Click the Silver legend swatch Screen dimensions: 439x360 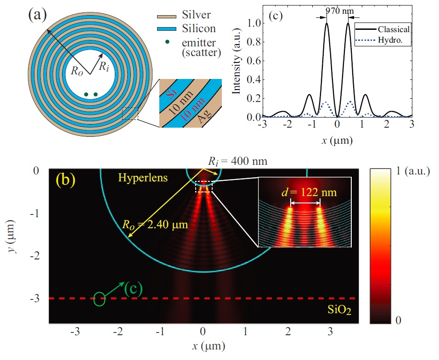167,17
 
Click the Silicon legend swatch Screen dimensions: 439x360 167,29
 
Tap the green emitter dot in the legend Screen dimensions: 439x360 167,42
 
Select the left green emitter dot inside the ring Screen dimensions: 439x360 86,95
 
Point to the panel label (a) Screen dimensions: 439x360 38,15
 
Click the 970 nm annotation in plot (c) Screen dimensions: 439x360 340,11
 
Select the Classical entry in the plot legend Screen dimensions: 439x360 383,29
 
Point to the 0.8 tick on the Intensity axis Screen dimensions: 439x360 254,42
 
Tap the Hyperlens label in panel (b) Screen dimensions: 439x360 143,178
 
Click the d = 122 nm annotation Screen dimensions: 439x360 309,192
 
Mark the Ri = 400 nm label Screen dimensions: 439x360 238,161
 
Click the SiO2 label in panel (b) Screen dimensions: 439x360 339,310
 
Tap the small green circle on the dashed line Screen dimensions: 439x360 99,298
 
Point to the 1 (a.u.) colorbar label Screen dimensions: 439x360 413,171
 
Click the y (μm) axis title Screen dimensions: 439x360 11,236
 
